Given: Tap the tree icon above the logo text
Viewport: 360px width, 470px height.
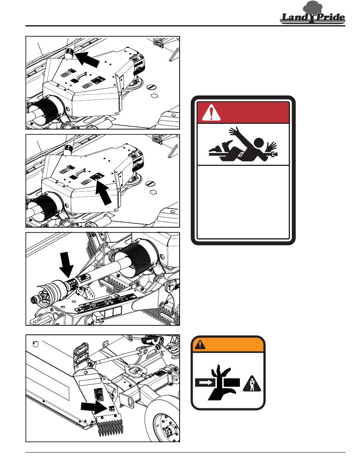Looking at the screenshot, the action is (x=313, y=7).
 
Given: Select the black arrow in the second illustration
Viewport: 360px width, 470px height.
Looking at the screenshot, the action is (x=103, y=192).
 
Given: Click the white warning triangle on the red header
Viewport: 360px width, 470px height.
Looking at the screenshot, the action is (x=211, y=112).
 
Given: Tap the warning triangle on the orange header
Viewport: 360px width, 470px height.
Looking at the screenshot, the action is (x=200, y=345).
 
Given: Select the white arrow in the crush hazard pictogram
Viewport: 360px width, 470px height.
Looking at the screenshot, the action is (x=205, y=383).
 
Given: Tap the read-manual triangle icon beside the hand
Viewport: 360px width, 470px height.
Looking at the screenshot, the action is (x=252, y=384).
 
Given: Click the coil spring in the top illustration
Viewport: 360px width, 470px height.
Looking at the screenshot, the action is (x=158, y=42).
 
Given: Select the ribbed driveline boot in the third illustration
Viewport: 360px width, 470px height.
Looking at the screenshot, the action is (x=135, y=259).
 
